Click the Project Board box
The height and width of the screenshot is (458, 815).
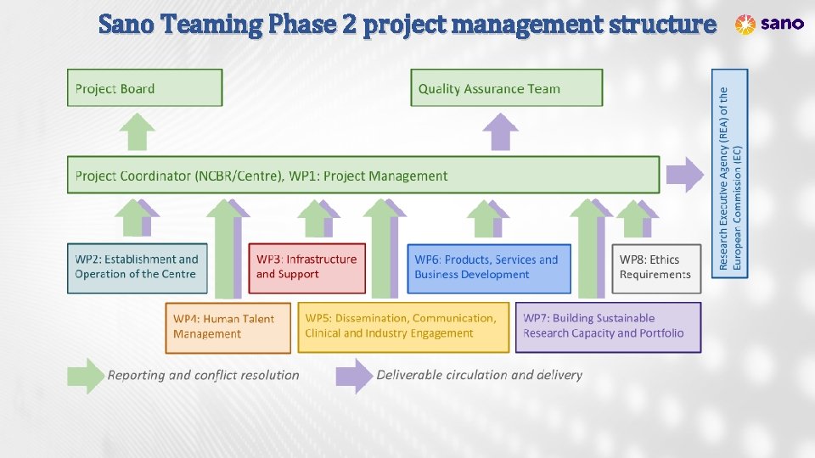[x=144, y=88]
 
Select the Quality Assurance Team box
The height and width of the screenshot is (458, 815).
[x=507, y=88]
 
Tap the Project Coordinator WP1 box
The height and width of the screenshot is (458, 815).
[x=363, y=175]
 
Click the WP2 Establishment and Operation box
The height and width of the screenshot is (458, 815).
[x=136, y=268]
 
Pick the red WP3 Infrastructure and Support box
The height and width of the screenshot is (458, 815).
[x=306, y=268]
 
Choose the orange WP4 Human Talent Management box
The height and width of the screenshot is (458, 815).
[x=228, y=327]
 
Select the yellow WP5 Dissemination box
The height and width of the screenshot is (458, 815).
[x=407, y=327]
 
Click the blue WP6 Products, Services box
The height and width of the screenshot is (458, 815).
[x=488, y=268]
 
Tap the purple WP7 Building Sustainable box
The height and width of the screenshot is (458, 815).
[x=608, y=327]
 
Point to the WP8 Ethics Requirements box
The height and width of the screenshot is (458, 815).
[x=657, y=268]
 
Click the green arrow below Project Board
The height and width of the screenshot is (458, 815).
[x=137, y=132]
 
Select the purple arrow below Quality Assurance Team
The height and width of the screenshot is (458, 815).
[x=500, y=133]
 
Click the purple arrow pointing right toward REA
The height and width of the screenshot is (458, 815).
[x=684, y=176]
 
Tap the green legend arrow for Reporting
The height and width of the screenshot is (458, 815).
[x=87, y=375]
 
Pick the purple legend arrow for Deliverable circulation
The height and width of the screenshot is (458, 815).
[x=354, y=375]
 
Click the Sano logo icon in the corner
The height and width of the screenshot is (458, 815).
[x=745, y=25]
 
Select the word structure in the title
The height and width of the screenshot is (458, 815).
[x=662, y=25]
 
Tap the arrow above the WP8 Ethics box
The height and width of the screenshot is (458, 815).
[x=635, y=219]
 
